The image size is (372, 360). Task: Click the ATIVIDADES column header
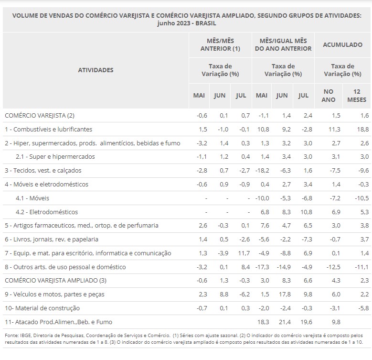click(96, 70)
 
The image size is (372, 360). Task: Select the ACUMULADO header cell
click(342, 44)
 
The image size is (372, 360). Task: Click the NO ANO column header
click(329, 95)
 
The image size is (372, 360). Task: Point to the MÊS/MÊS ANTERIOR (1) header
click(220, 44)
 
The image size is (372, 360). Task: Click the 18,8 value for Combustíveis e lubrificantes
click(363, 129)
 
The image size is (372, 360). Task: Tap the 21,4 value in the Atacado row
click(282, 322)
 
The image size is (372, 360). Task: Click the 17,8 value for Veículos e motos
click(282, 294)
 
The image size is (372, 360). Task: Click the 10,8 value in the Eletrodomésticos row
click(303, 212)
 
